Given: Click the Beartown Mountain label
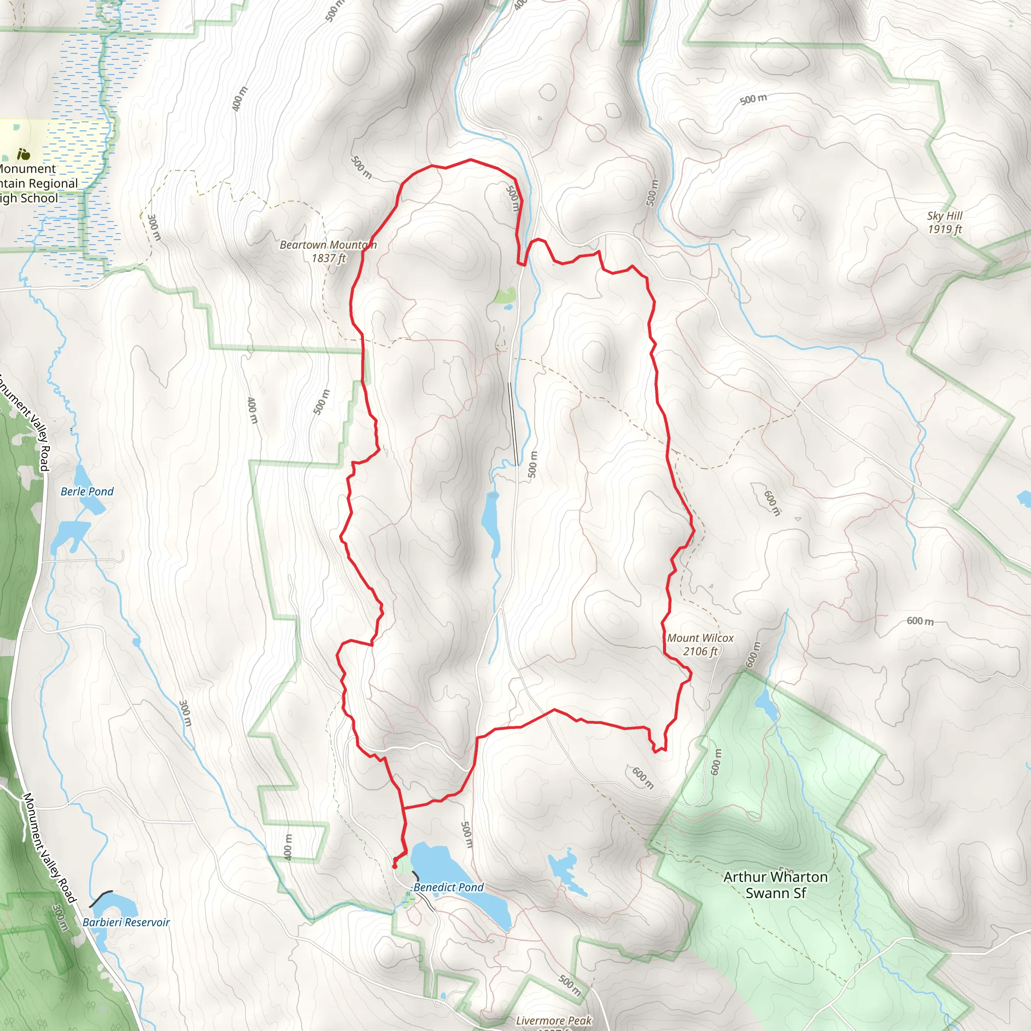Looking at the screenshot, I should pos(328,245).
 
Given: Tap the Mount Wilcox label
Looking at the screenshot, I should pos(700,638).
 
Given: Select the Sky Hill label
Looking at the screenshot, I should pos(944,215).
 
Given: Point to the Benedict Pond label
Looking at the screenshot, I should pos(448,887).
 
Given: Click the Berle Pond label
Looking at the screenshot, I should pos(87,491).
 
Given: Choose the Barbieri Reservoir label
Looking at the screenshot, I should pos(126,922).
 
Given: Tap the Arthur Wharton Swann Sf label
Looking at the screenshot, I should pos(775,885).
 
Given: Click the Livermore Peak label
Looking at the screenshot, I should pos(553,1020).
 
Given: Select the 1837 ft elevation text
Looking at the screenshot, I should pos(329,258).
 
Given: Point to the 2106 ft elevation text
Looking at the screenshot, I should pos(700,651).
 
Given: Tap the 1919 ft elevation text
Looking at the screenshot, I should pos(944,229).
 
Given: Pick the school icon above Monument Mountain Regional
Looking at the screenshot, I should pos(23,155).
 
